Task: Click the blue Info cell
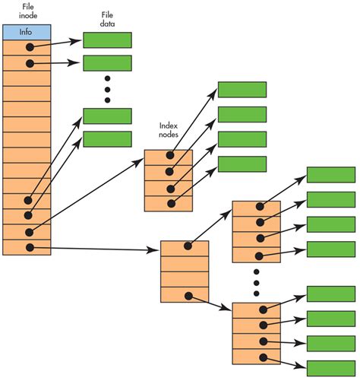point(27,32)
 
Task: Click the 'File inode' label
point(26,10)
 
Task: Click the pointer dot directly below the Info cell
point(30,47)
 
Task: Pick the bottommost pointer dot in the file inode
point(30,247)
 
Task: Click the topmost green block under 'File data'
point(106,40)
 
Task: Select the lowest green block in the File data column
point(106,139)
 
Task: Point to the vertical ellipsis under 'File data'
point(107,90)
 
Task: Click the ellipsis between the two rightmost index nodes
point(256,282)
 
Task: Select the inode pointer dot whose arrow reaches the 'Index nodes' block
point(30,231)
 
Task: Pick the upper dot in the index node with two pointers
point(186,248)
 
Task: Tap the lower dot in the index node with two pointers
point(186,295)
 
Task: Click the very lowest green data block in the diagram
point(330,365)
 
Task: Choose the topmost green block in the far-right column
point(330,175)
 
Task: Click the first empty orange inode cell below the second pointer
point(27,78)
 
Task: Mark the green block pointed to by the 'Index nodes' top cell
point(242,90)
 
